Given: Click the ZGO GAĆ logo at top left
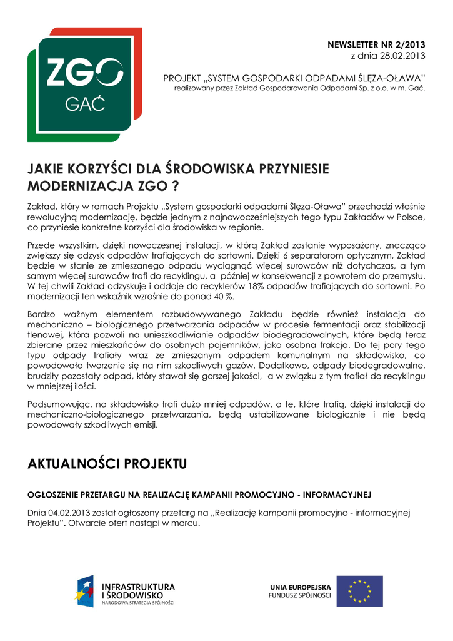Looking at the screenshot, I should (84, 84).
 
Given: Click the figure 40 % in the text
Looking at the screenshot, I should (223, 296).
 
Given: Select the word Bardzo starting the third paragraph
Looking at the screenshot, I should (42, 314).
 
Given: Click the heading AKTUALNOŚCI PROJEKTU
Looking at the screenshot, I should (107, 464).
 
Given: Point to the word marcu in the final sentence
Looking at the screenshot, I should (187, 523).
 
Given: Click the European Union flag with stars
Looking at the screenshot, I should (359, 591).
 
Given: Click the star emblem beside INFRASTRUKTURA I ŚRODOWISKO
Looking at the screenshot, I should (85, 591).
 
